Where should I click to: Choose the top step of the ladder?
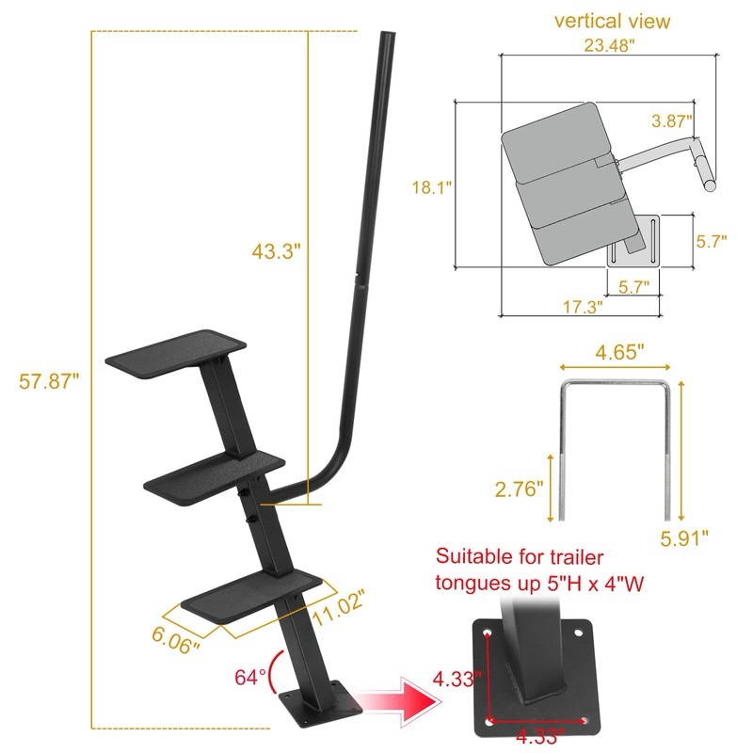pyautogui.click(x=177, y=351)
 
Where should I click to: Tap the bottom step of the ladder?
pyautogui.click(x=247, y=593)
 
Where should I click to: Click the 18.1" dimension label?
pyautogui.click(x=432, y=187)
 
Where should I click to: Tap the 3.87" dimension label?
pyautogui.click(x=672, y=120)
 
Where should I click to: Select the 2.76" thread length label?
pyautogui.click(x=520, y=489)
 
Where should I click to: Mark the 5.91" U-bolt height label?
pyautogui.click(x=682, y=537)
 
